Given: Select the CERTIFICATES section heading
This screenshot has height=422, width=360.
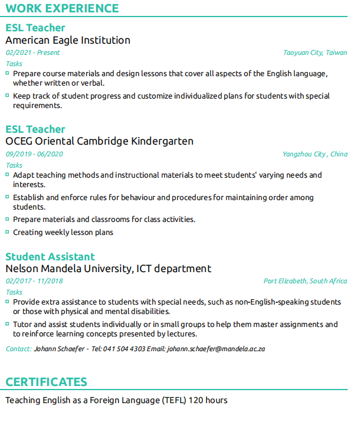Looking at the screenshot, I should point(46,382).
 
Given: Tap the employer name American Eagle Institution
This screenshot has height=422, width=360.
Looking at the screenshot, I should point(68,40).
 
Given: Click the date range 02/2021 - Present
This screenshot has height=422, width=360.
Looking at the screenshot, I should point(32,53).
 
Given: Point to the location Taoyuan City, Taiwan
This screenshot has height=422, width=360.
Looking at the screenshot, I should point(315,53).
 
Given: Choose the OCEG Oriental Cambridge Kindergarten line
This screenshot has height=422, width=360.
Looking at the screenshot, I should point(99,142).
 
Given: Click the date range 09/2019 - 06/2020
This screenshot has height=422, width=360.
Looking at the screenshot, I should point(34,154).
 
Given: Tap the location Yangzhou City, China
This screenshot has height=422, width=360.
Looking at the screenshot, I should point(315,154).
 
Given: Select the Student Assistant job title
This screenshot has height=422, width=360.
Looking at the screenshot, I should point(50,257).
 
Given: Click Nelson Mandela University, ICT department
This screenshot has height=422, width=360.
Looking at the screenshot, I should point(108,269).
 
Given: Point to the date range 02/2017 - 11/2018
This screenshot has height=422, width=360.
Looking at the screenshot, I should point(34,281).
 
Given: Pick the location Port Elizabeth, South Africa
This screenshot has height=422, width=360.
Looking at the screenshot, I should point(305,281).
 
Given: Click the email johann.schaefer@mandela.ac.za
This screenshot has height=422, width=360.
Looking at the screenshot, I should point(216,349).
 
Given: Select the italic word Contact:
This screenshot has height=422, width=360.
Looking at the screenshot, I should point(18,349).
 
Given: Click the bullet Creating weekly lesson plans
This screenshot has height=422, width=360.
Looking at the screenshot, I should point(63,232).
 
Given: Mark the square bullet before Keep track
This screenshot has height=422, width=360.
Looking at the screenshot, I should point(8,95).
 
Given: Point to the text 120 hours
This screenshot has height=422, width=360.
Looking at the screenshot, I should point(208,400).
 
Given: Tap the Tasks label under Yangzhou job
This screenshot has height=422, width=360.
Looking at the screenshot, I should point(14,165).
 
